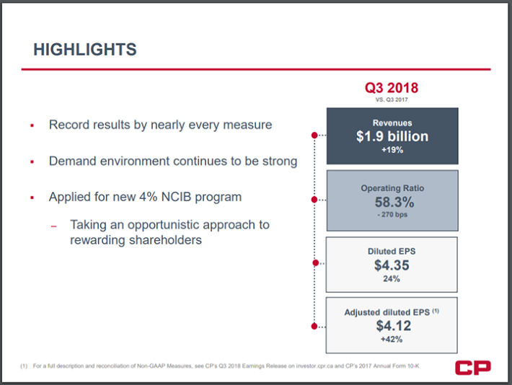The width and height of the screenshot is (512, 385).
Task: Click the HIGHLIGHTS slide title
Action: click(85, 50)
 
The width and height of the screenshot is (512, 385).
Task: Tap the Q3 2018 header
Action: click(392, 88)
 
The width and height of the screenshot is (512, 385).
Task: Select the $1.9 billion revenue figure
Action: click(392, 136)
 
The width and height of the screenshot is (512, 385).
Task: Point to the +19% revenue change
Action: click(392, 151)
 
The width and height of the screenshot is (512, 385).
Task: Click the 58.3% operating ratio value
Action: click(392, 203)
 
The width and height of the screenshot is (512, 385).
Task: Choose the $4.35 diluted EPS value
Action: click(392, 265)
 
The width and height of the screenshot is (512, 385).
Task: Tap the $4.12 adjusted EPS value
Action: click(392, 325)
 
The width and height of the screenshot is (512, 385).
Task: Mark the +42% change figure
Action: click(392, 340)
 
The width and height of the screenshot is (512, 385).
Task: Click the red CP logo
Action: click(472, 368)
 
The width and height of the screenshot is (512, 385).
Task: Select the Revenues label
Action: click(392, 123)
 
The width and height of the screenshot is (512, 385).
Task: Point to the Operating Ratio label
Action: click(392, 188)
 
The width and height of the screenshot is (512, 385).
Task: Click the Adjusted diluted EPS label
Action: click(387, 311)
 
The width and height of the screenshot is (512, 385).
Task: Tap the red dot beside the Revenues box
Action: click(314, 135)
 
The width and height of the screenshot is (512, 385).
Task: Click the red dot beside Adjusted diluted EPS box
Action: click(314, 326)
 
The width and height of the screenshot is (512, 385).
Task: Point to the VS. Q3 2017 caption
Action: click(392, 99)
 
